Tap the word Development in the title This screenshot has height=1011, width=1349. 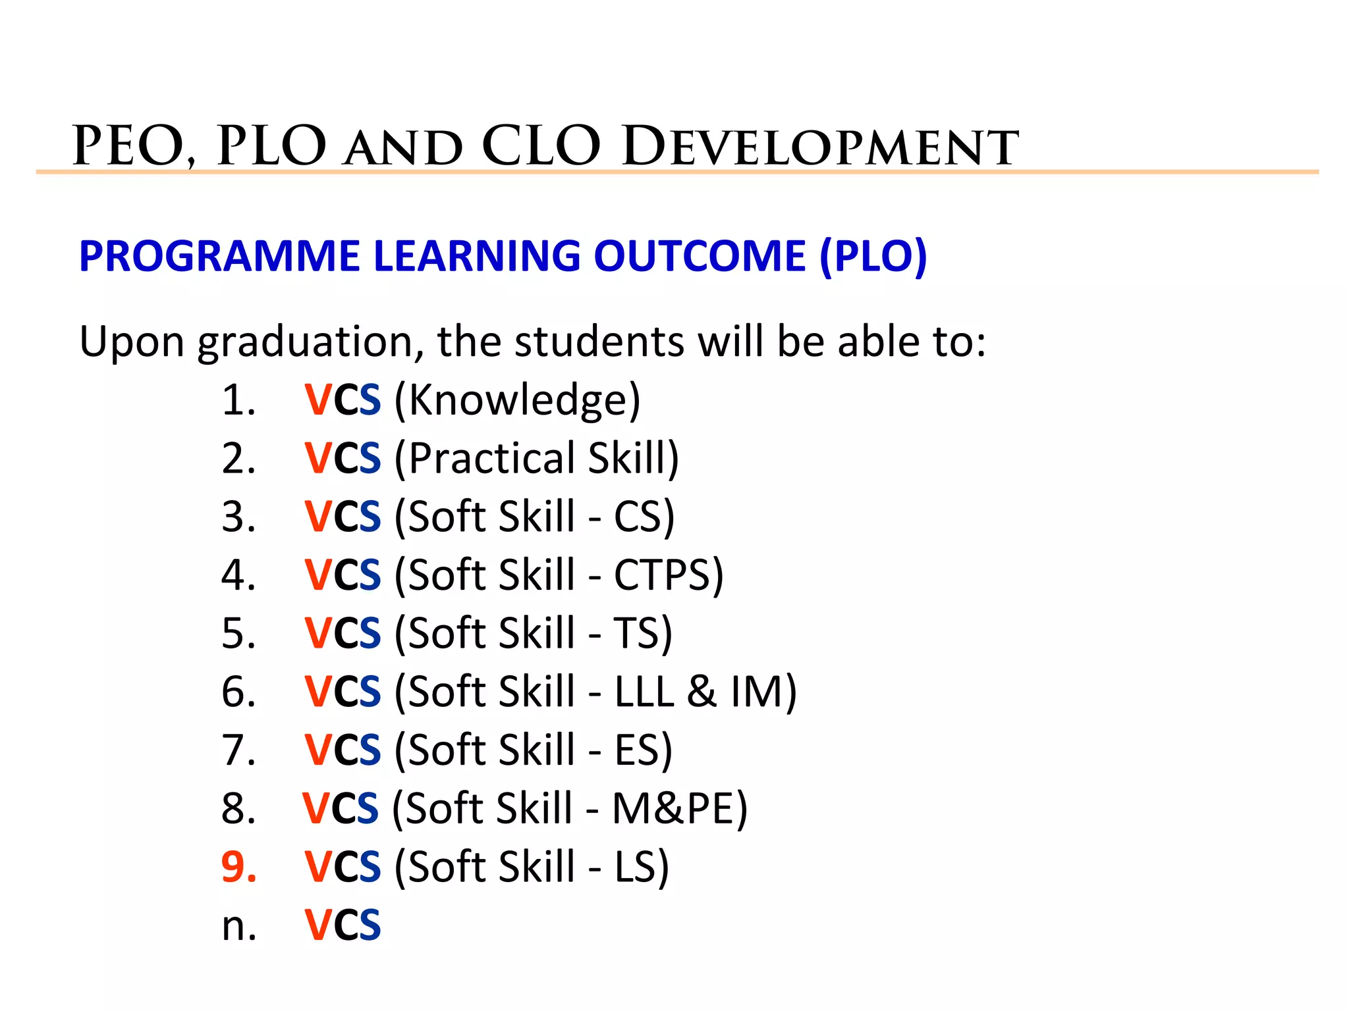[820, 146]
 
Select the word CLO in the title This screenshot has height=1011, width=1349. [541, 146]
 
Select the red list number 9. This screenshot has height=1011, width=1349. [238, 866]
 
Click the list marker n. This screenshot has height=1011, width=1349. [238, 926]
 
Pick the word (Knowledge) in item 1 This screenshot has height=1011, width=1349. [517, 400]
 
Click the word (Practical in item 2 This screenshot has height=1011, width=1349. [485, 458]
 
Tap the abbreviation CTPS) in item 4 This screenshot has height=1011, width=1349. [669, 575]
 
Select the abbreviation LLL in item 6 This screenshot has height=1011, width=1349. [644, 692]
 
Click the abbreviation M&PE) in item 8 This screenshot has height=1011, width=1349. [680, 808]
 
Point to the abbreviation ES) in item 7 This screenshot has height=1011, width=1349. [643, 750]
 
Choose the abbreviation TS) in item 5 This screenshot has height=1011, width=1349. [643, 633]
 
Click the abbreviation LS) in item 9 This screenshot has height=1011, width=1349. [642, 866]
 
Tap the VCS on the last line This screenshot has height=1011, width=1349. [343, 925]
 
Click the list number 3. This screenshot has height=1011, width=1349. [238, 517]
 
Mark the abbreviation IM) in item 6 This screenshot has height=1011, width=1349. [763, 692]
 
